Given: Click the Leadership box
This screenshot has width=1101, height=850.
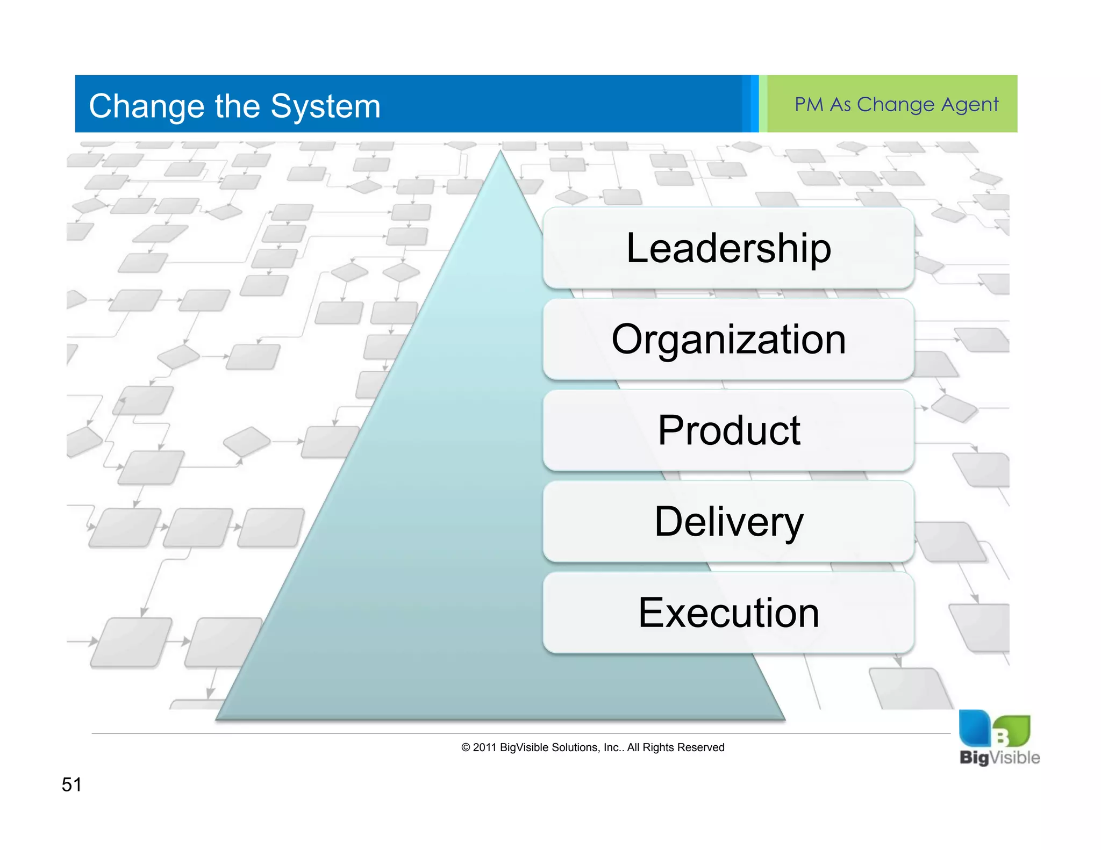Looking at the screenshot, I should click(728, 248).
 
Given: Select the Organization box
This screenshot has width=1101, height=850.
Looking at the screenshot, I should click(728, 339).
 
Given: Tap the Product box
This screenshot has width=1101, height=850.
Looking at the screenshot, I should click(728, 430).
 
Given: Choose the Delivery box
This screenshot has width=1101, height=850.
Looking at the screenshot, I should click(728, 522).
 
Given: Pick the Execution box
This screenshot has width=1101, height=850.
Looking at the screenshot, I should click(728, 613).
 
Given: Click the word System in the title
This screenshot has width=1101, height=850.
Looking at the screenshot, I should click(325, 106).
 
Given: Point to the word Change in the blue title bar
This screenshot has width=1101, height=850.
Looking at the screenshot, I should click(147, 106).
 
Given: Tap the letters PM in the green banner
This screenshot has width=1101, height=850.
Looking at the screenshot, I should click(809, 104).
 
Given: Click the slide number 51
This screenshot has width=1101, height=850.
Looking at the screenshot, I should click(72, 784).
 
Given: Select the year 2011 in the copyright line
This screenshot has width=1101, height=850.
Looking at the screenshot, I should click(484, 747).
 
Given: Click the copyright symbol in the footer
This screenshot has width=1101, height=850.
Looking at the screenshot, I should click(466, 747).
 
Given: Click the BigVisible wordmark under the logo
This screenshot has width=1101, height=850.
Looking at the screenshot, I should click(999, 758).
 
